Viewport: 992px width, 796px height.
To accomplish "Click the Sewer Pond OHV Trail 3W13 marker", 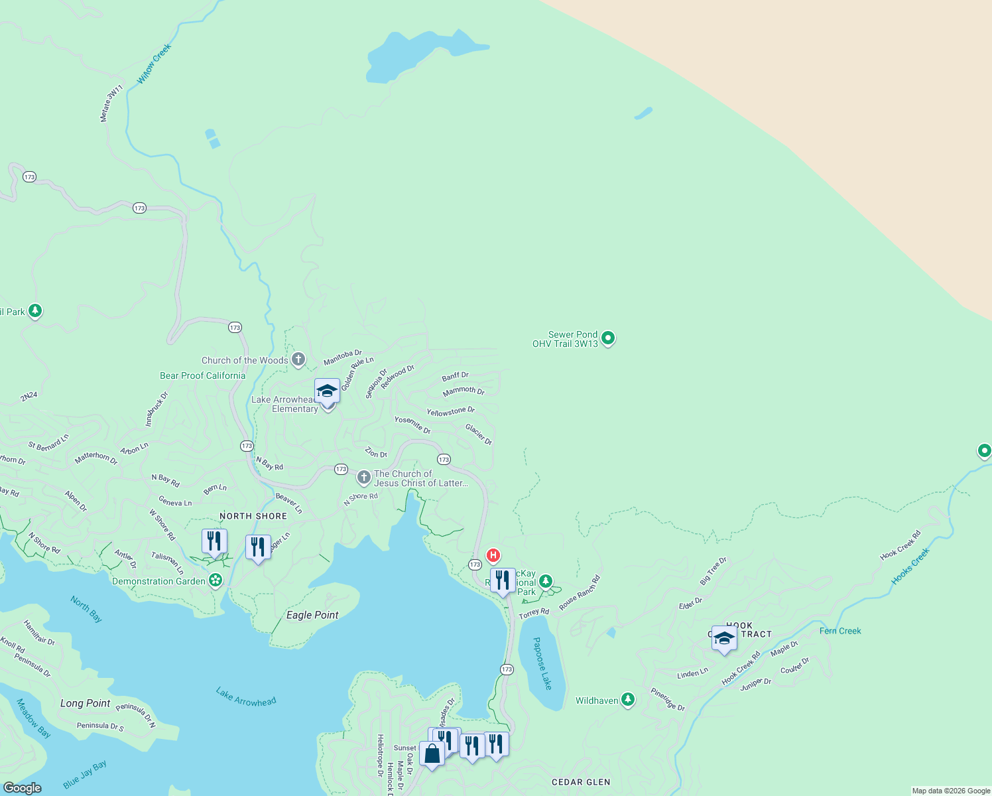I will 607,338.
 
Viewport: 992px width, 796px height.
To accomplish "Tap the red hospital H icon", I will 493,555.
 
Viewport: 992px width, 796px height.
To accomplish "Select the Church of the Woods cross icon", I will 298,360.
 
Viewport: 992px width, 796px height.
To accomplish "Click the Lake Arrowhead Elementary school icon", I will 327,391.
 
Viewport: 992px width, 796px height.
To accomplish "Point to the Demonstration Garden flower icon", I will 216,580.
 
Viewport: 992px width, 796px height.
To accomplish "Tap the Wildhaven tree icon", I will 627,700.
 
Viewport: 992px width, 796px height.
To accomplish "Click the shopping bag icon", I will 432,754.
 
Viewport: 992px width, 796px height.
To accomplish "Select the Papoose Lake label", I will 542,663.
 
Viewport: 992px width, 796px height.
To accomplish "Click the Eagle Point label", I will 312,615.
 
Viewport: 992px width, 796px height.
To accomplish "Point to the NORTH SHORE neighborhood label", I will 253,516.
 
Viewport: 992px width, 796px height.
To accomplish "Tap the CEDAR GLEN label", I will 581,782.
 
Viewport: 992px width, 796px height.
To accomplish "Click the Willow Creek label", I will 154,64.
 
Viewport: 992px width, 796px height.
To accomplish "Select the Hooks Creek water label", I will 910,566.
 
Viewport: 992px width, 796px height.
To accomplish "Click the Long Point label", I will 85,703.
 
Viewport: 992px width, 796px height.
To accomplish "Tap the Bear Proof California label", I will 202,375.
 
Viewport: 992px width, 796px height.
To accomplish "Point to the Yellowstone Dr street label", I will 450,411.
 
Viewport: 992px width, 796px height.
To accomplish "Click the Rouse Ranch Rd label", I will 579,592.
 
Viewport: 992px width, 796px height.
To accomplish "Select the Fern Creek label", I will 840,631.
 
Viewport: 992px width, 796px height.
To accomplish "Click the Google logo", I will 22,788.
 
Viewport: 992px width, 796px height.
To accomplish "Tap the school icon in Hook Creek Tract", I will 724,638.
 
